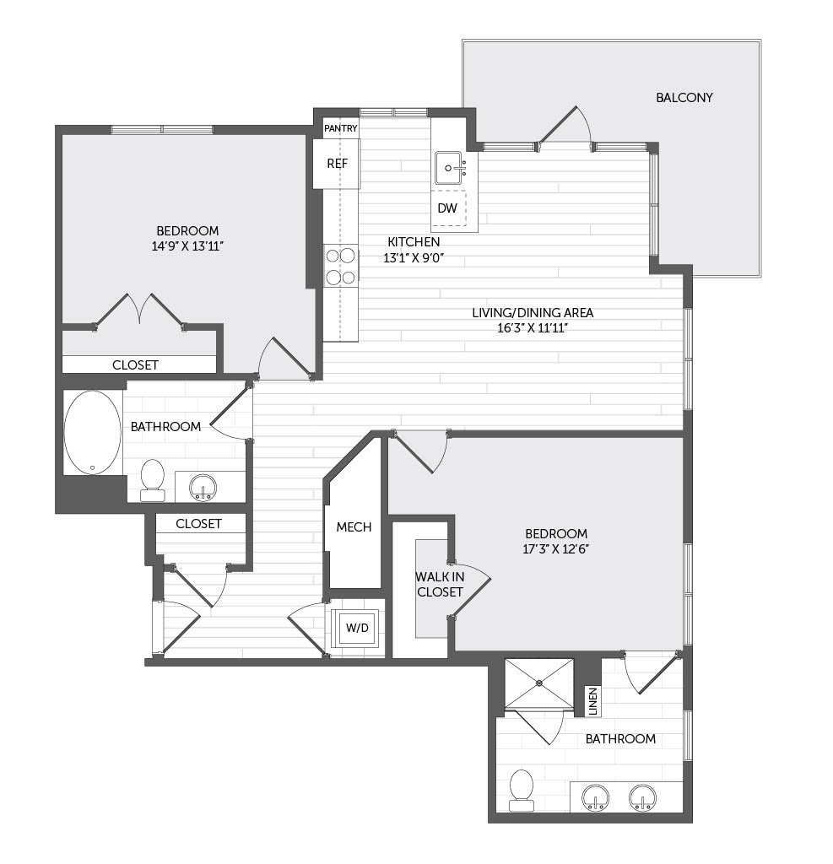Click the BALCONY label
[684, 98]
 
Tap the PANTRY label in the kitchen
[341, 128]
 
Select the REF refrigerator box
[337, 164]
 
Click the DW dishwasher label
[447, 208]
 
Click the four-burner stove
[340, 266]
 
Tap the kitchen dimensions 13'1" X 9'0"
[414, 257]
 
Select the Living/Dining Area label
[533, 313]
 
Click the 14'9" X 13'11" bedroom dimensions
[187, 246]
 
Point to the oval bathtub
[92, 433]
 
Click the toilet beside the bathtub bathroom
[153, 480]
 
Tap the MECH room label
[354, 527]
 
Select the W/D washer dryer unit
[357, 628]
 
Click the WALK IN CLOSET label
[440, 585]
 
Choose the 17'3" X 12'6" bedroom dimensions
[555, 549]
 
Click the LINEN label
[592, 701]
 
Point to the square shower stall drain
[539, 683]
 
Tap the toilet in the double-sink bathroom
[522, 790]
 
